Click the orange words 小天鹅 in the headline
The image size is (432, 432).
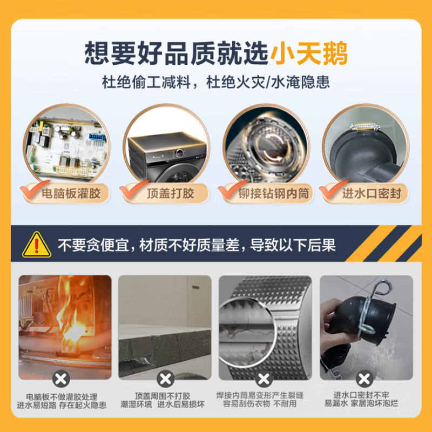(x=309, y=53)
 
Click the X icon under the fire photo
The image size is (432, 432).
(x=64, y=377)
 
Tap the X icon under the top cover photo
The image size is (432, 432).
(x=164, y=377)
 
